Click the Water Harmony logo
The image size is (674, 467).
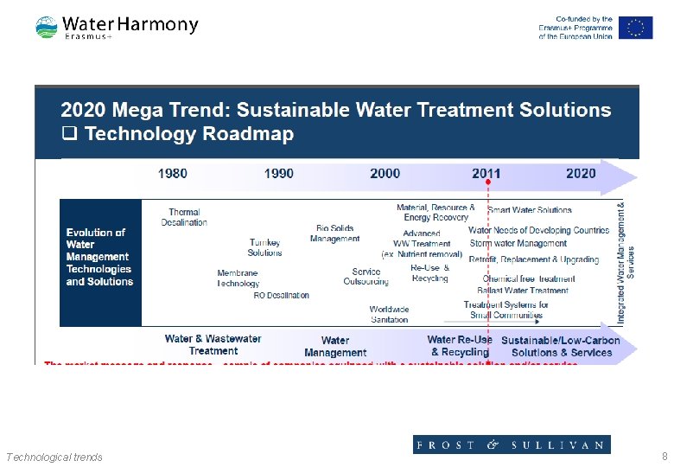[x=117, y=27]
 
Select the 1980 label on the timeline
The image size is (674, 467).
[x=172, y=174]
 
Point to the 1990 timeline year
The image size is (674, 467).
[x=278, y=174]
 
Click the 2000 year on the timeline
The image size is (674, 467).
[x=385, y=174]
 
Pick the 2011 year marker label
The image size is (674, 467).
[x=486, y=174]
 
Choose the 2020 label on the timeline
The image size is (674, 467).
[x=581, y=174]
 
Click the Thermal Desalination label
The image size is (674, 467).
[x=184, y=217]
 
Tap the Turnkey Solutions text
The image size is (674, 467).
[x=264, y=247]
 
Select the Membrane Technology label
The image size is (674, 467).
[x=238, y=278]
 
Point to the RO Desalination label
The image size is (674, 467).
[x=281, y=296]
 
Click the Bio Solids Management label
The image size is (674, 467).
[x=334, y=233]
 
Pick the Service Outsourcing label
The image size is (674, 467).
[x=366, y=277]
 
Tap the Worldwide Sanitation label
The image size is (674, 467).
[x=389, y=314]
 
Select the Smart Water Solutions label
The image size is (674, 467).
[x=530, y=210]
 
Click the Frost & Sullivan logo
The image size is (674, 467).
[x=511, y=445]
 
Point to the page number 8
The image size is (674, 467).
[x=664, y=457]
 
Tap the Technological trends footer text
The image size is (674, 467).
[x=54, y=457]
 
